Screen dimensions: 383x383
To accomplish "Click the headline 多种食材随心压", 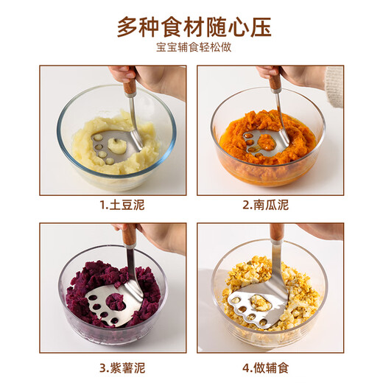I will click(194, 26).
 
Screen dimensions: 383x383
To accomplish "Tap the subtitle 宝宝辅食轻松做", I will click(194, 49).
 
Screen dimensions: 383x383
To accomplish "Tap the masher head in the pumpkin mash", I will click(268, 141).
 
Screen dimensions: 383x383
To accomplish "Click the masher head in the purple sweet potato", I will click(112, 303).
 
